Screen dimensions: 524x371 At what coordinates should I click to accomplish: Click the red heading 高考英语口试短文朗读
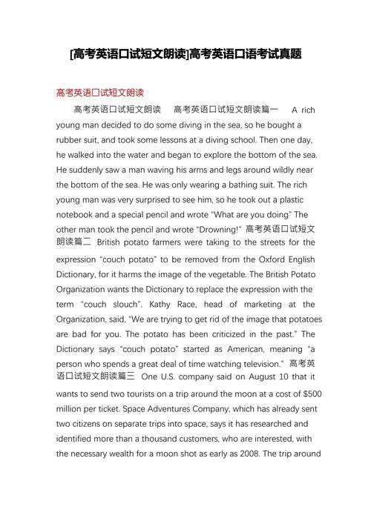99,93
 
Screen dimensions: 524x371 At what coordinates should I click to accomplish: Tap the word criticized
227,334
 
